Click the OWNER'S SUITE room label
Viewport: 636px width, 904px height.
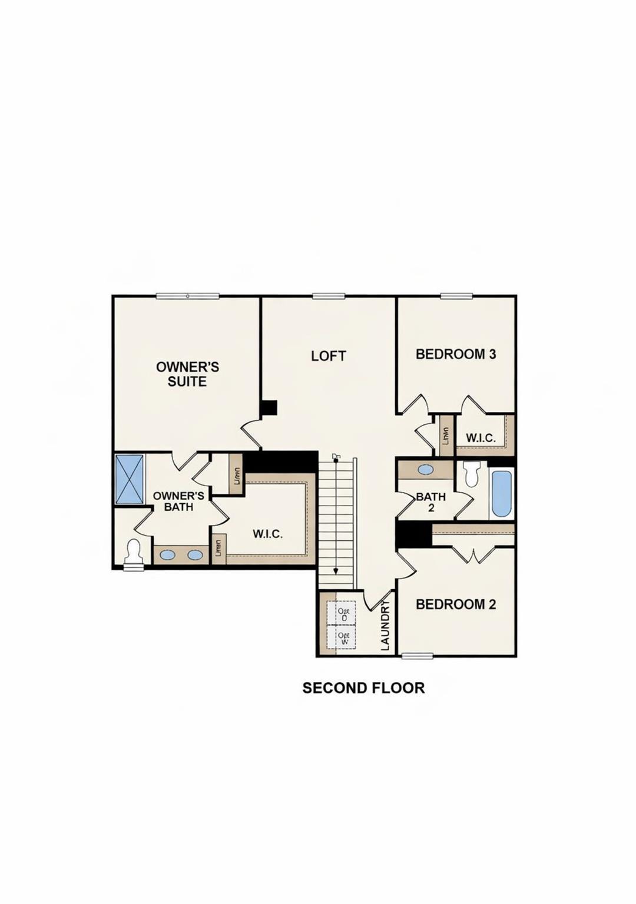[187, 374]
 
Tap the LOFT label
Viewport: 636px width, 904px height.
[328, 356]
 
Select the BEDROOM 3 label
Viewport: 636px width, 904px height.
[456, 354]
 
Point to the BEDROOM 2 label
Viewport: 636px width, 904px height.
[456, 604]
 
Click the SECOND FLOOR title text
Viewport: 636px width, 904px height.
[363, 688]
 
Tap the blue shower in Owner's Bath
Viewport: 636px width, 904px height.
[130, 478]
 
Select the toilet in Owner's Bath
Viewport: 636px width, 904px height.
[134, 551]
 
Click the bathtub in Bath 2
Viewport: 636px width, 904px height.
[502, 493]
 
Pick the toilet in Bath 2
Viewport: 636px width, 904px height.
[472, 474]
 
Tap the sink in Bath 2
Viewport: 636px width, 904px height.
[425, 470]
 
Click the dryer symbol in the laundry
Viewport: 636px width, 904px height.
[345, 614]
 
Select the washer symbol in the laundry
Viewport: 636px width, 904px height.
[345, 638]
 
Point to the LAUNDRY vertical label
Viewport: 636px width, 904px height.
[385, 626]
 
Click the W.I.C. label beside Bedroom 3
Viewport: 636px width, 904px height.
[481, 438]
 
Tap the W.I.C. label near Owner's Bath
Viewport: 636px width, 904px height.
[267, 534]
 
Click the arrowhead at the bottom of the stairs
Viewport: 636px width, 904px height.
[336, 570]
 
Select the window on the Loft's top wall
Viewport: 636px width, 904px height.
[328, 296]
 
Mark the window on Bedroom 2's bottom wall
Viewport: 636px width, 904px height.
[417, 656]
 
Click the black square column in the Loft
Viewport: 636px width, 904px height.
[269, 408]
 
